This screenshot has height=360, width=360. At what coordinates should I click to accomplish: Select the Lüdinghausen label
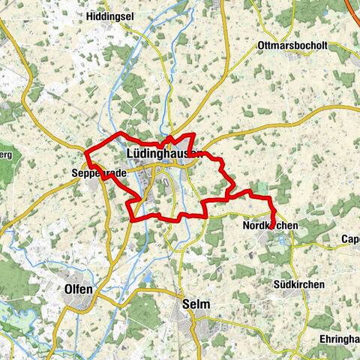[161, 154]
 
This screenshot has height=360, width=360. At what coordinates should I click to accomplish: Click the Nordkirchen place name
[271, 225]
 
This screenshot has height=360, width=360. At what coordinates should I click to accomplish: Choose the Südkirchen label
[298, 285]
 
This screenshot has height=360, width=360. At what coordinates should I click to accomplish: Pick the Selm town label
[195, 304]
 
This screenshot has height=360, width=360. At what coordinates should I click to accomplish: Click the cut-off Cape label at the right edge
[349, 240]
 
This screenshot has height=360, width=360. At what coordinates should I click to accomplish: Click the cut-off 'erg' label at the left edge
[6, 154]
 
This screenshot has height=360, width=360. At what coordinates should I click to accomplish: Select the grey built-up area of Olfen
[81, 301]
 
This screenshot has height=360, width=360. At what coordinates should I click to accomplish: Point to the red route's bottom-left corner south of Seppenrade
[133, 220]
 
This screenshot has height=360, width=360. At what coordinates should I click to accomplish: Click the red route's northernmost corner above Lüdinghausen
[193, 134]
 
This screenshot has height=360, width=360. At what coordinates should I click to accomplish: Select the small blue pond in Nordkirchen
[281, 240]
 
